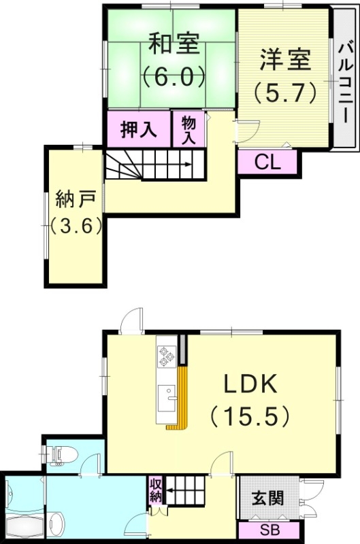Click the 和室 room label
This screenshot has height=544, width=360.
(174, 45)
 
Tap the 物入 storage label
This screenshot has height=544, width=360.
(189, 128)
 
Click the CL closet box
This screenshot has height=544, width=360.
(267, 161)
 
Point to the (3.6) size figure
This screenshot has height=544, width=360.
(76, 225)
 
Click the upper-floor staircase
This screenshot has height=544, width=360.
(154, 166)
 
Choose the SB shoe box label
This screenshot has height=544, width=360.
(268, 531)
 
